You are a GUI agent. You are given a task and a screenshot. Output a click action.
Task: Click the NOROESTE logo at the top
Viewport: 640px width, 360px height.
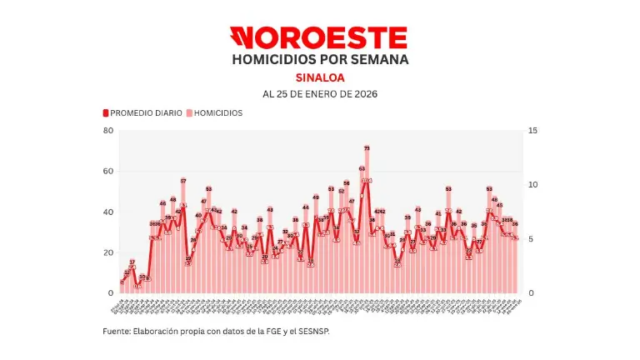pyautogui.click(x=320, y=37)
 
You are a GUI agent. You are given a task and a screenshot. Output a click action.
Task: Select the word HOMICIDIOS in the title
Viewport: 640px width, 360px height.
pyautogui.click(x=271, y=60)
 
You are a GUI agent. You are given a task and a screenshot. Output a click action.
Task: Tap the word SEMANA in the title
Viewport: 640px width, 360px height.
pyautogui.click(x=380, y=60)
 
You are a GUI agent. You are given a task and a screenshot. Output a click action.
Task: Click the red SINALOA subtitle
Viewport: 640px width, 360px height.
pyautogui.click(x=320, y=77)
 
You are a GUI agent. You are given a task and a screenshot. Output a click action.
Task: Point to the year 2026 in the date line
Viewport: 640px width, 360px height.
pyautogui.click(x=363, y=94)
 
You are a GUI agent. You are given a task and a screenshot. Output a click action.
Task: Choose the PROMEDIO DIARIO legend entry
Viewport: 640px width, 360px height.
pyautogui.click(x=142, y=112)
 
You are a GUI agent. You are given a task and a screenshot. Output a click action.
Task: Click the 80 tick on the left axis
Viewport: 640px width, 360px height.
pyautogui.click(x=108, y=131)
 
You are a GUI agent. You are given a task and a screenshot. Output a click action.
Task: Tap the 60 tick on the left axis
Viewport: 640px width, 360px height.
pyautogui.click(x=108, y=172)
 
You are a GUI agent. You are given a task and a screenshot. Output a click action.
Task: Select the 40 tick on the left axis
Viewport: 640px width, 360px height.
pyautogui.click(x=108, y=212)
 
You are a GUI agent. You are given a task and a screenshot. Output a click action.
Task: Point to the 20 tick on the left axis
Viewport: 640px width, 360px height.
pyautogui.click(x=108, y=252)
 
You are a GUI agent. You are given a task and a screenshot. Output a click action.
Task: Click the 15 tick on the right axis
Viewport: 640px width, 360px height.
pyautogui.click(x=532, y=131)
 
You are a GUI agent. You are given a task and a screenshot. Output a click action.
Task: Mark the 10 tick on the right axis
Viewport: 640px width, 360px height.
pyautogui.click(x=532, y=185)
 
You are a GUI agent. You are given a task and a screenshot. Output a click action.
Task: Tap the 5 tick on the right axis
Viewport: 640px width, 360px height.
pyautogui.click(x=531, y=239)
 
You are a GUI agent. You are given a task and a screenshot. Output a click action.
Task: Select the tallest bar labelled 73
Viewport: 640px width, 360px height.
pyautogui.click(x=367, y=221)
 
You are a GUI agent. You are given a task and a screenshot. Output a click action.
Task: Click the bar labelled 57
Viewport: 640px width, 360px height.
pyautogui.click(x=183, y=237)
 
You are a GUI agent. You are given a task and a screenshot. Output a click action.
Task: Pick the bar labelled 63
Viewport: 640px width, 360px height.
pyautogui.click(x=362, y=231)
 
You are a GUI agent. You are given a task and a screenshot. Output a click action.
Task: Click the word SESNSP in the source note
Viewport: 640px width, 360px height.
pyautogui.click(x=326, y=331)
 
